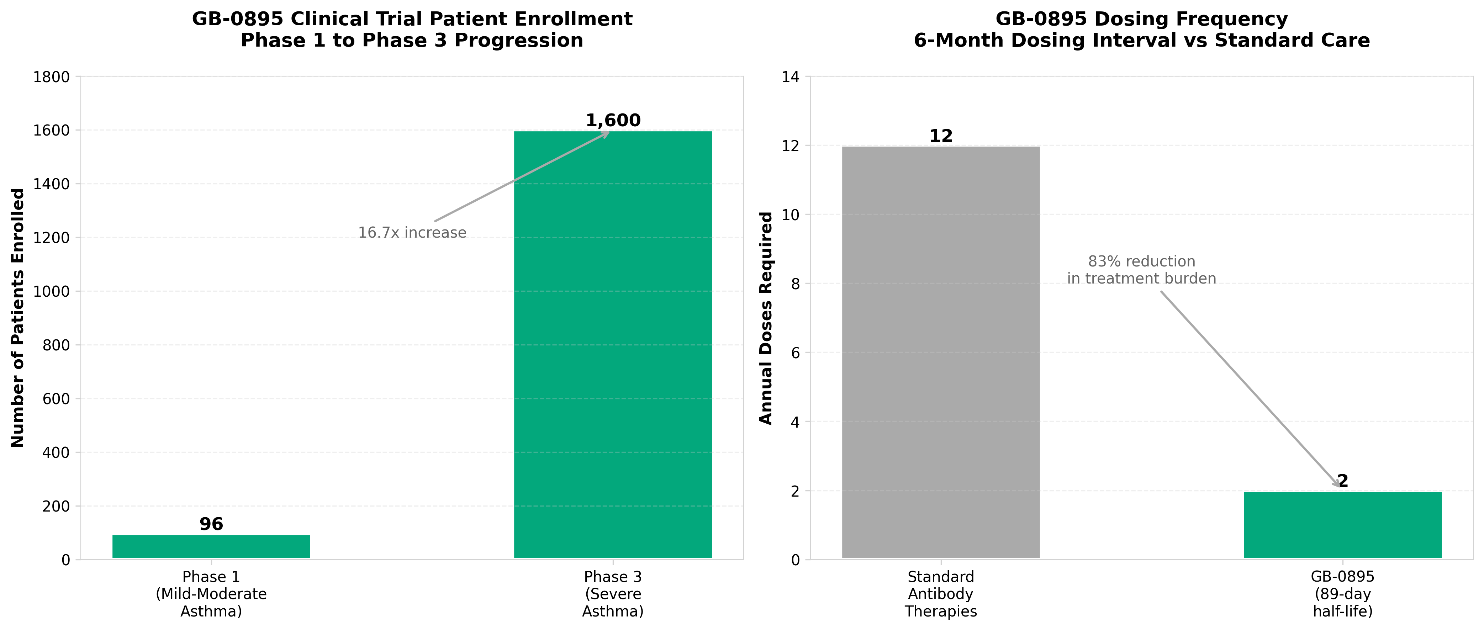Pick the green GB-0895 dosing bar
(1342, 525)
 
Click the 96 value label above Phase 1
(211, 524)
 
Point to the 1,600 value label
(613, 120)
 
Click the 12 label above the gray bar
(941, 137)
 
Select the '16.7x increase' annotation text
(412, 233)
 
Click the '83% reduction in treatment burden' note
(1141, 270)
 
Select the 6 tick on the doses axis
(795, 353)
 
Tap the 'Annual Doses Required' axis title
(766, 318)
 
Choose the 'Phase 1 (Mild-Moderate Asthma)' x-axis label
(211, 594)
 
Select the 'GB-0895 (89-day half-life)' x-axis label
(1342, 594)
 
